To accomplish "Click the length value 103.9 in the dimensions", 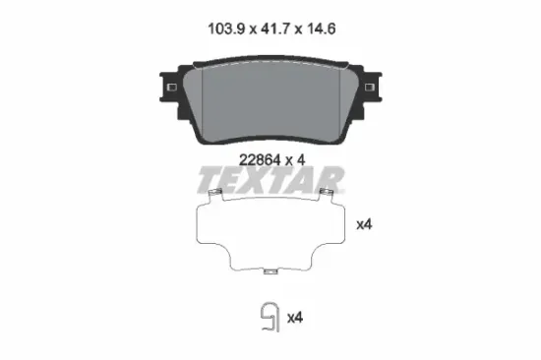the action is [x=226, y=29].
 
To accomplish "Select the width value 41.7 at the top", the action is [x=275, y=29].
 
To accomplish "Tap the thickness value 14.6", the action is [x=320, y=29].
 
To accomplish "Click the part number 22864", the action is [x=260, y=160].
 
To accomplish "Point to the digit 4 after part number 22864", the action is [x=301, y=160].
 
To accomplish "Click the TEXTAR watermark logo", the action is [x=270, y=180].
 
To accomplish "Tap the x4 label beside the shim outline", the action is [x=364, y=224].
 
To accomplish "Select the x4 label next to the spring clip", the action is [x=295, y=317].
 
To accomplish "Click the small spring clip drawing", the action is [x=270, y=318].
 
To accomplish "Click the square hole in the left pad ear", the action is [x=172, y=87].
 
